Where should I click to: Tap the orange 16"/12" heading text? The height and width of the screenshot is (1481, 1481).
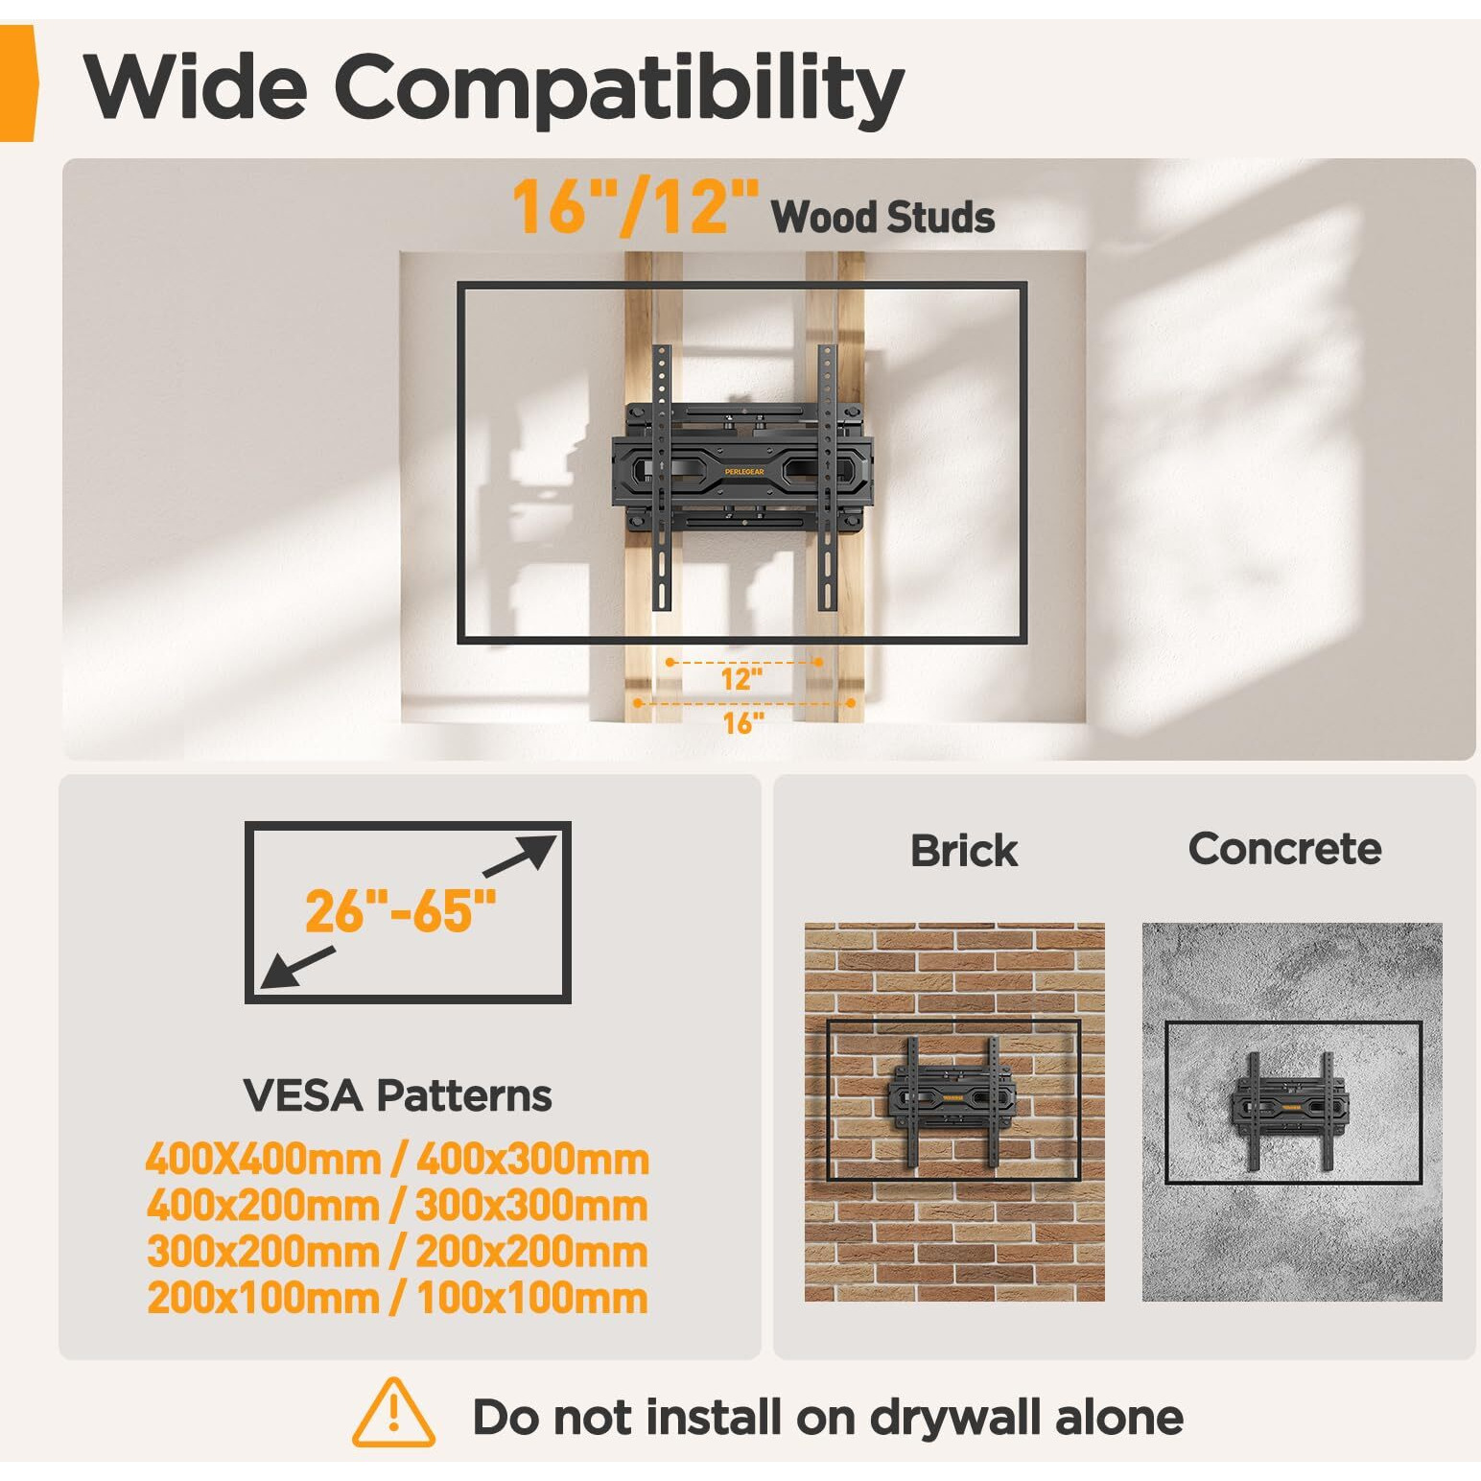635,207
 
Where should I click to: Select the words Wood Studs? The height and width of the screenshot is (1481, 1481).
882,217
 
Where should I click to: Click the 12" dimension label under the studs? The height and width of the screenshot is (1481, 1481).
741,679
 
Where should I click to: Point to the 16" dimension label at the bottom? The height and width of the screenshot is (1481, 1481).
743,722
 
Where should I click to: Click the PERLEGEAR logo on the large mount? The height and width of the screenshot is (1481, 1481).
744,471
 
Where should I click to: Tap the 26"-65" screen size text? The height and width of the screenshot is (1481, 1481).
401,911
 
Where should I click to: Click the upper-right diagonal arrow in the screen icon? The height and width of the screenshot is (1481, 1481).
519,856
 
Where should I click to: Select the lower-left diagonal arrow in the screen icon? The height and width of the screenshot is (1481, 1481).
297,968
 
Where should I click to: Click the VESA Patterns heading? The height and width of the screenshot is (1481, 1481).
397,1095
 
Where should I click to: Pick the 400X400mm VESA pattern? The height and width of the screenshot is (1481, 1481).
264,1160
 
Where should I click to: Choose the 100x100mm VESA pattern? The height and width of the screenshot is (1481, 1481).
532,1298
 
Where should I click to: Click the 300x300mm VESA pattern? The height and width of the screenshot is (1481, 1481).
531,1206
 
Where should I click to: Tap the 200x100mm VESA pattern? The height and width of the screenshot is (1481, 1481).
264,1298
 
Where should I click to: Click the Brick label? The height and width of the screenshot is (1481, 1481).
964,851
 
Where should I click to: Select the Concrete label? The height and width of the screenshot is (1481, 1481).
1285,849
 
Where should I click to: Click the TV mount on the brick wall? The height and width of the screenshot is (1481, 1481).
953,1101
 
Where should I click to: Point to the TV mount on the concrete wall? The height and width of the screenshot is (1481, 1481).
1290,1110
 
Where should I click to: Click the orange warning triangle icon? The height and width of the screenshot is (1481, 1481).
394,1413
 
